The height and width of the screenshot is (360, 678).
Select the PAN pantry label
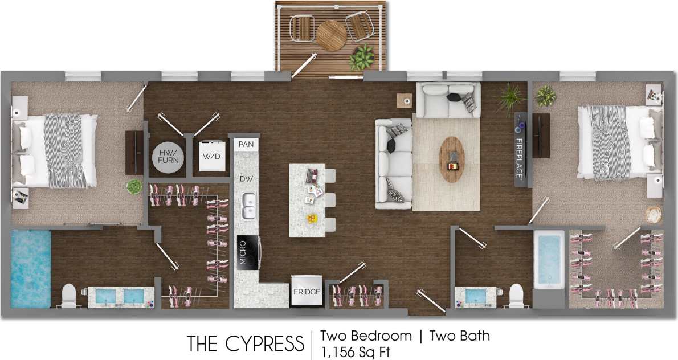[x=246, y=145]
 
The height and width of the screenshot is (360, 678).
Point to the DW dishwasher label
[x=246, y=178]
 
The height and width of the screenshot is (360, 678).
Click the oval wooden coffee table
[x=452, y=159]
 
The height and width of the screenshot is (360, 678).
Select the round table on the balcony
[x=332, y=36]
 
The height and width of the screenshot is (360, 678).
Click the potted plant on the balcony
[x=362, y=56]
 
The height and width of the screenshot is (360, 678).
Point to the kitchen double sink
[x=249, y=206]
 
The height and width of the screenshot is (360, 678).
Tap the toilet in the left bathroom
[x=68, y=294]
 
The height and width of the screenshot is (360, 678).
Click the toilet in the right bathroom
[x=516, y=294]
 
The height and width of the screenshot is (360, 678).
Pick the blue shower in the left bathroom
[x=31, y=268]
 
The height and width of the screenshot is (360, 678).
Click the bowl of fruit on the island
[x=311, y=218]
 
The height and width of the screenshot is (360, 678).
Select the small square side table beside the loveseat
[x=405, y=100]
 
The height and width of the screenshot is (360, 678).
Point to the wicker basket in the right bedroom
[x=654, y=215]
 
